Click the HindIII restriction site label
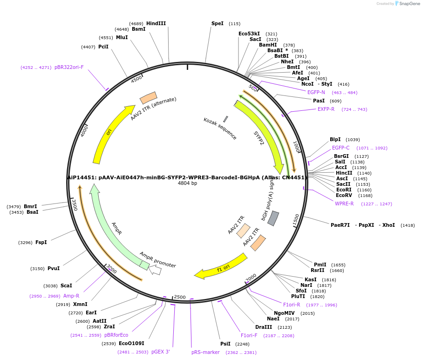[x=156, y=23]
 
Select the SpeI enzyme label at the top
[x=217, y=23]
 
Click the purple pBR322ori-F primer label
[x=69, y=67]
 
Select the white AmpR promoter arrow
[x=156, y=270]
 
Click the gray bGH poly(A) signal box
[x=273, y=218]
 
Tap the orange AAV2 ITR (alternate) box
[x=148, y=98]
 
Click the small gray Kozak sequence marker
[x=225, y=119]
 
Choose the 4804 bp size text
[x=187, y=183]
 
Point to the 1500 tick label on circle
[x=296, y=220]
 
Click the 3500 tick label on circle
[x=74, y=204]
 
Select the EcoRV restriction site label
[x=344, y=196]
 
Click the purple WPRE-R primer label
[x=344, y=204]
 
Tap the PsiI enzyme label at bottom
[x=225, y=344]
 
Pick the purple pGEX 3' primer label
[x=161, y=352]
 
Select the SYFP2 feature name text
[x=259, y=138]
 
